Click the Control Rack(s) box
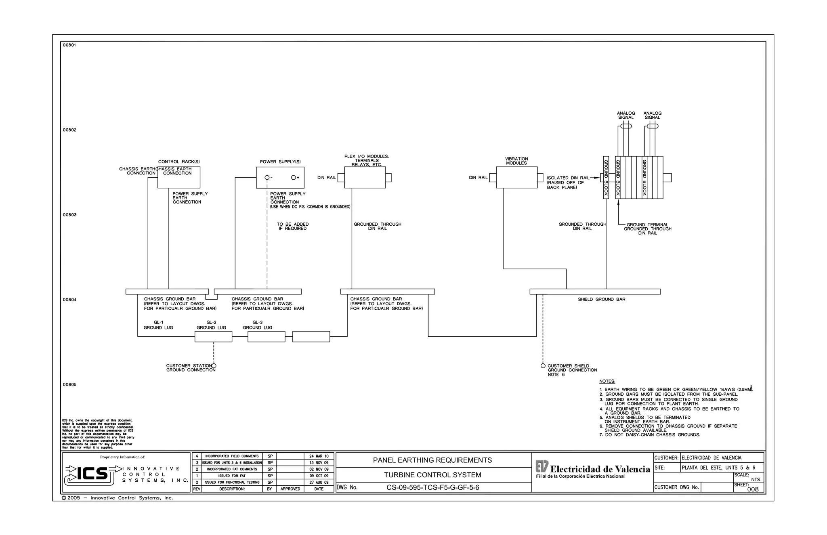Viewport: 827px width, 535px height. [178, 178]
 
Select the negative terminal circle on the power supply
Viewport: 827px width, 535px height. [267, 178]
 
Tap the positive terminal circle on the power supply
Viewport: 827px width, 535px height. [294, 178]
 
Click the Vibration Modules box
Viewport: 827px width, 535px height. [516, 178]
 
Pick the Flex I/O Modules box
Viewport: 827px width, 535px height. [365, 178]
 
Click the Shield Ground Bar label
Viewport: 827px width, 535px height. [601, 299]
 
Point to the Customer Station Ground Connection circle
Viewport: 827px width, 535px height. [214, 366]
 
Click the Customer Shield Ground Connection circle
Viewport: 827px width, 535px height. [543, 366]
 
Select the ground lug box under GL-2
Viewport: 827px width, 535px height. [213, 336]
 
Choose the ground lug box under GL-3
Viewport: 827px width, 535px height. [266, 336]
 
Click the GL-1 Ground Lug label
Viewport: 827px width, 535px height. [158, 325]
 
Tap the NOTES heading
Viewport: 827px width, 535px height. [607, 381]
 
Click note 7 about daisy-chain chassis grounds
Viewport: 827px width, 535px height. [650, 435]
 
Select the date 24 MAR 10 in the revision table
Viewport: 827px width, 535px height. [319, 456]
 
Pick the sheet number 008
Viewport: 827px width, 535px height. [753, 489]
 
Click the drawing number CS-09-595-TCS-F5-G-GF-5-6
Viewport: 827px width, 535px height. [432, 487]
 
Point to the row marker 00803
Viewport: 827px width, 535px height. [69, 215]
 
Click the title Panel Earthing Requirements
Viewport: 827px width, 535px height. [432, 460]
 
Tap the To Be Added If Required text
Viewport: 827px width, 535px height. [292, 227]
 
